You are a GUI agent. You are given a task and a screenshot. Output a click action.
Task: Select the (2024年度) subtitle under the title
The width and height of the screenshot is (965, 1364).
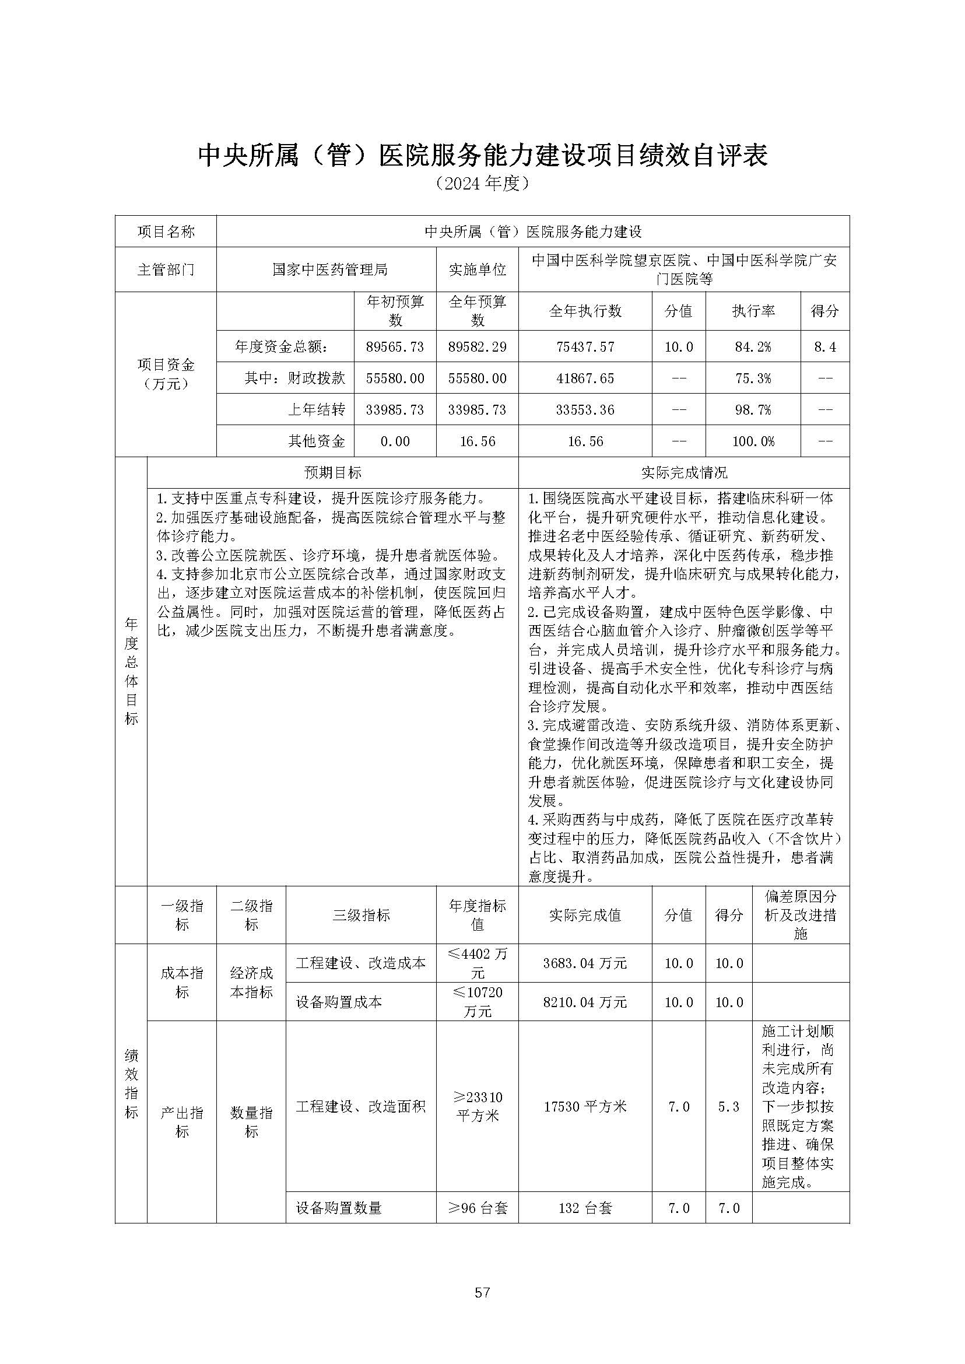pyautogui.click(x=482, y=183)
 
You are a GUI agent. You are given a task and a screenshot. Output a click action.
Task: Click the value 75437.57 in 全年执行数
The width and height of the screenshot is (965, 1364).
pyautogui.click(x=585, y=346)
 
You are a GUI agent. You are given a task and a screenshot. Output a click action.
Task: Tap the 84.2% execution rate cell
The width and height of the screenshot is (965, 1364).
pyautogui.click(x=753, y=346)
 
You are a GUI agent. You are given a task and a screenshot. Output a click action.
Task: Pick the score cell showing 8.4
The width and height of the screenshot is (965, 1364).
pyautogui.click(x=824, y=346)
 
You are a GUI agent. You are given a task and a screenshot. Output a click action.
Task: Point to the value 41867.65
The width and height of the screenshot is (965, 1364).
pyautogui.click(x=585, y=378)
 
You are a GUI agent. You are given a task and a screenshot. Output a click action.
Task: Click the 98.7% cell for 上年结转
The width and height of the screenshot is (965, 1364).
pyautogui.click(x=753, y=410)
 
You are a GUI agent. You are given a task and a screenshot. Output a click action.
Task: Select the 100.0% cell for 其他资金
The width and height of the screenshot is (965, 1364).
pyautogui.click(x=753, y=441)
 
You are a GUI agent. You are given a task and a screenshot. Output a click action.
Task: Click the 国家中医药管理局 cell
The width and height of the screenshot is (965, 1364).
pyautogui.click(x=330, y=270)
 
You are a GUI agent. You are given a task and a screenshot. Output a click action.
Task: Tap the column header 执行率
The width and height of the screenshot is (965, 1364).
pyautogui.click(x=753, y=311)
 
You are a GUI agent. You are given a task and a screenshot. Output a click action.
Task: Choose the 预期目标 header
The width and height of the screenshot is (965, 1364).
pyautogui.click(x=333, y=472)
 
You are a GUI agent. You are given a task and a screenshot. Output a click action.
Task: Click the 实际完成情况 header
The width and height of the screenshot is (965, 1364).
pyautogui.click(x=684, y=472)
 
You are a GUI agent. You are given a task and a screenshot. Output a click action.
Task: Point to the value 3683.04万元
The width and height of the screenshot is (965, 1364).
pyautogui.click(x=585, y=963)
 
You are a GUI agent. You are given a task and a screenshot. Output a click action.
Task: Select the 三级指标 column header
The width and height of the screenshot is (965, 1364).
pyautogui.click(x=361, y=915)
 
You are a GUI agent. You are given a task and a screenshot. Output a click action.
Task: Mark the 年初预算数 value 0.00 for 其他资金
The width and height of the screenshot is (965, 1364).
pyautogui.click(x=395, y=441)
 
